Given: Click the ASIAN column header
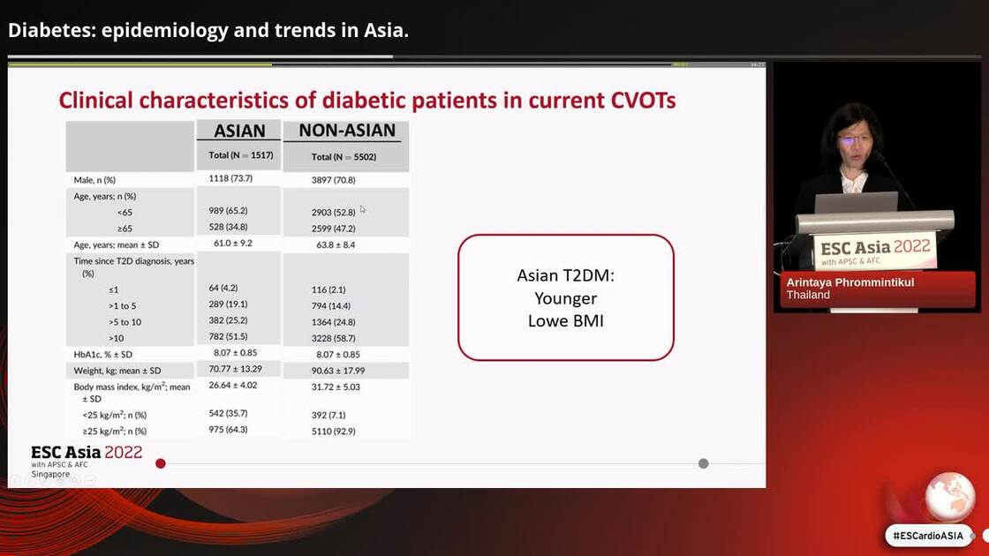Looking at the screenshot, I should [x=239, y=131].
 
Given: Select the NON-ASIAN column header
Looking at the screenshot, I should [x=347, y=131].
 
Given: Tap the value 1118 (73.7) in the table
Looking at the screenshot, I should [x=230, y=178].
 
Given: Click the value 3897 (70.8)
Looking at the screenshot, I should [x=334, y=180].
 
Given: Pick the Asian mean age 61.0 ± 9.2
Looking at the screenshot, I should [x=232, y=243].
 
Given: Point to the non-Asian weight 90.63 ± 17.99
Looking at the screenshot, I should [x=338, y=371].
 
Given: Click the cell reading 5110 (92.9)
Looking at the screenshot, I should [x=334, y=432].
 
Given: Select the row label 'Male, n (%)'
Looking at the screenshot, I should [x=94, y=180].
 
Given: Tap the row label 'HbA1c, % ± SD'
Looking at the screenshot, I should [x=102, y=354].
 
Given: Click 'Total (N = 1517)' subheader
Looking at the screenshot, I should [x=240, y=155].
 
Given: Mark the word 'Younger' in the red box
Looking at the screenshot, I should [x=565, y=298].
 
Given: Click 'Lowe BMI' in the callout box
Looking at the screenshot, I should [x=565, y=320].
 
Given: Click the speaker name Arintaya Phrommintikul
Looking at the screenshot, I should [x=849, y=282].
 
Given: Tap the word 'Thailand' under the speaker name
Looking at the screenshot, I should [x=808, y=295].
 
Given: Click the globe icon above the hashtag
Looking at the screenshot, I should [x=949, y=496].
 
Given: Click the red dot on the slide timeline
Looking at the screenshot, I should [x=161, y=463].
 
